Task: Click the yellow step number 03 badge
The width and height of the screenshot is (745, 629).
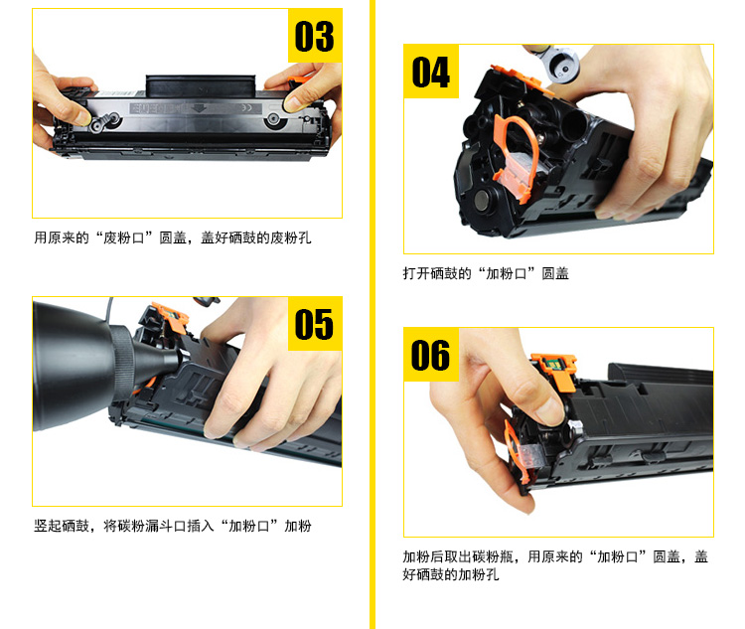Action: pyautogui.click(x=315, y=36)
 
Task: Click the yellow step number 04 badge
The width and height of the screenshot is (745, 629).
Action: pyautogui.click(x=431, y=72)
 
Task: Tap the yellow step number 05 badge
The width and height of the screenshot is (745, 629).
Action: pyautogui.click(x=315, y=324)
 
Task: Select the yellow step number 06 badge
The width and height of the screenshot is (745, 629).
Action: pyautogui.click(x=431, y=354)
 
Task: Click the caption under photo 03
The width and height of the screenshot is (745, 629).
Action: pyautogui.click(x=173, y=237)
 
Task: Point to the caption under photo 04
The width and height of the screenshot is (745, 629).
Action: pyautogui.click(x=486, y=273)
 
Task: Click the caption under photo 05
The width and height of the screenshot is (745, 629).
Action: pyautogui.click(x=173, y=526)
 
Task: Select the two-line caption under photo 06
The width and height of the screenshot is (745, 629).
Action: pyautogui.click(x=555, y=565)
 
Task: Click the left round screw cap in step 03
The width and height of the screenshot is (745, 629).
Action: pyautogui.click(x=98, y=124)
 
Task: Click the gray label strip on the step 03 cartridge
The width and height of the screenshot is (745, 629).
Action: pyautogui.click(x=196, y=108)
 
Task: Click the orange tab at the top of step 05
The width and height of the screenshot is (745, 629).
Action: pyautogui.click(x=170, y=316)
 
